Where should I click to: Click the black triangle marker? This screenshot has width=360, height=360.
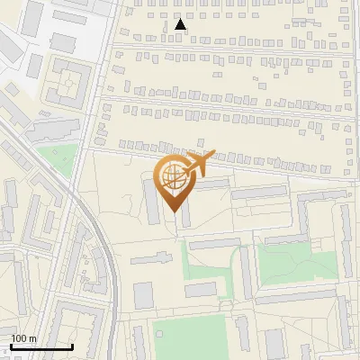pos(181,25)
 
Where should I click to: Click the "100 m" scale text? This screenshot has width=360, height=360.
pos(23,338)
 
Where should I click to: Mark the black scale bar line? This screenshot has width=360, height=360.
pos(41,346)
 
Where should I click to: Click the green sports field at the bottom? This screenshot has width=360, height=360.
pos(185,337)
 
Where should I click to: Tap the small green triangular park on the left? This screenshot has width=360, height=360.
pos(58,158)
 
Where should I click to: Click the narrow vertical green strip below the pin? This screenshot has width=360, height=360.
pos(188,261)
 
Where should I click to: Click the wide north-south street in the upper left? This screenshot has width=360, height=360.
pos(105,72)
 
